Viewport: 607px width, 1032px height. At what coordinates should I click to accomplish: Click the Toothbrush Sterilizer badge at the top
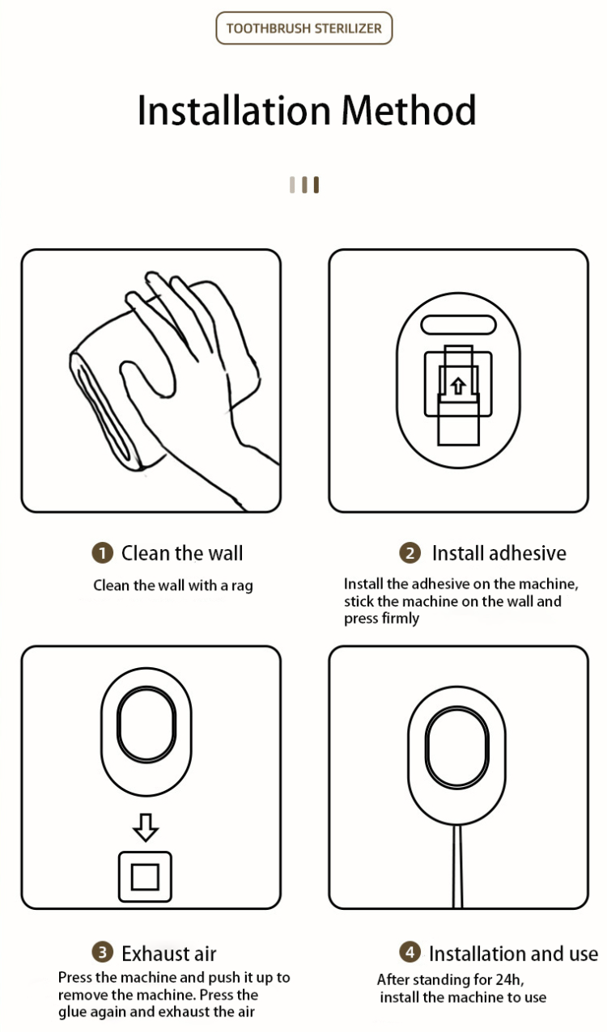point(304,28)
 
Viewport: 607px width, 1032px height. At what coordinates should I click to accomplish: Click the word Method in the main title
point(409,110)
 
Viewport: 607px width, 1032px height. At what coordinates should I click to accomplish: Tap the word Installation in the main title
point(234,110)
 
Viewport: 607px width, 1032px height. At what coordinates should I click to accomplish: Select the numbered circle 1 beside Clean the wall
point(102,553)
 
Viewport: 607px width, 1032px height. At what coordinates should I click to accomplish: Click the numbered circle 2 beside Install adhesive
point(410,553)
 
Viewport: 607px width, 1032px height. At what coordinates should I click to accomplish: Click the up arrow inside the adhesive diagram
point(457,386)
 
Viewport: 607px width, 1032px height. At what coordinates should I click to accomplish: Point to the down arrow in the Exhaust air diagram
point(146,828)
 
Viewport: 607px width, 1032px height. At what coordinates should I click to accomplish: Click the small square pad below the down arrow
point(145,876)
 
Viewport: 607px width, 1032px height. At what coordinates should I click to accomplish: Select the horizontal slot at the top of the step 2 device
point(458,325)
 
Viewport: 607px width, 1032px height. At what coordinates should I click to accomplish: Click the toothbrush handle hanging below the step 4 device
point(457,865)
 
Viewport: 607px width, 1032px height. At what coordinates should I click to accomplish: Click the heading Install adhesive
point(499,553)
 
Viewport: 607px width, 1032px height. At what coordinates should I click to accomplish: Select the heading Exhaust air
point(168,954)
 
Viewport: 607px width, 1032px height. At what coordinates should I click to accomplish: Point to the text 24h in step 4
point(508,979)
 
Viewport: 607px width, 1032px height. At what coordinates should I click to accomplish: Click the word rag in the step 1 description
point(242,586)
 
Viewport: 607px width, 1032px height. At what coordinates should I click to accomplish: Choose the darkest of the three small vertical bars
point(316,184)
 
